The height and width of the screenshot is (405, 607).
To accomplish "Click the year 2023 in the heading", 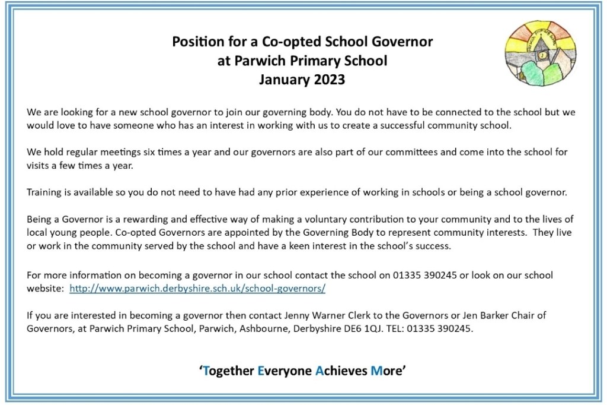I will [x=328, y=80].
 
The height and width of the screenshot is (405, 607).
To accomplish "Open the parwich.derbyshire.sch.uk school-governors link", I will [x=197, y=289].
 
